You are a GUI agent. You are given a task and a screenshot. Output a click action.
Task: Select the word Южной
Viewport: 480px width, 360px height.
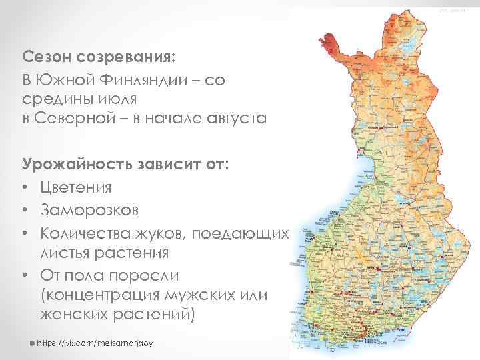coord(67,81)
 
